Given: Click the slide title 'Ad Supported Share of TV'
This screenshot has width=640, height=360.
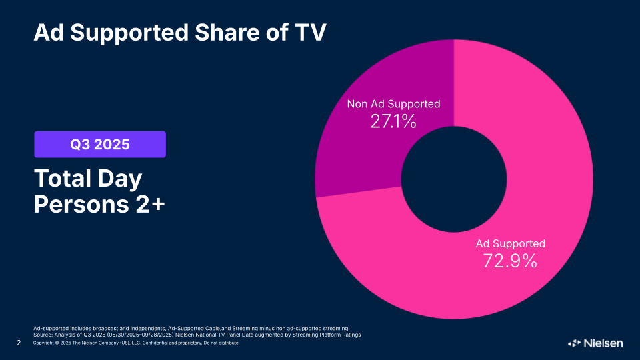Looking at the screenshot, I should pos(180,31).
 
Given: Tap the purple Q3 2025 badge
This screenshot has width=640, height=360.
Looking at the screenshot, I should pos(100,144).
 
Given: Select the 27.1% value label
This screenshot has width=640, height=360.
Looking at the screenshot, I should pos(393,121).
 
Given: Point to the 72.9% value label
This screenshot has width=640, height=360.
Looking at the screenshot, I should pos(510,261).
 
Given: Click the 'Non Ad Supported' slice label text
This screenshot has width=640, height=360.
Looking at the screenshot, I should pos(393,104).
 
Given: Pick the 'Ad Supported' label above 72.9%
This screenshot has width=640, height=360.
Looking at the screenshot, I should pos(510,243).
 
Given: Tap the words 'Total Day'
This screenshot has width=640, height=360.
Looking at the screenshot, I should pos(88,179).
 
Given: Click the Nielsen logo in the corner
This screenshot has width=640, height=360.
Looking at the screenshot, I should pos(595,343).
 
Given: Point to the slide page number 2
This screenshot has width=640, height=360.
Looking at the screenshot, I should pos(19,343).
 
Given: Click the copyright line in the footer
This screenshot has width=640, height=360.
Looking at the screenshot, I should pos(136,343).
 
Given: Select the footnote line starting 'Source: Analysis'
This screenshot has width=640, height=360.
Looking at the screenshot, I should pos(197,335).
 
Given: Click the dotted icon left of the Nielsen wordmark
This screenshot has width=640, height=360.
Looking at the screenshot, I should pos(574,343).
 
